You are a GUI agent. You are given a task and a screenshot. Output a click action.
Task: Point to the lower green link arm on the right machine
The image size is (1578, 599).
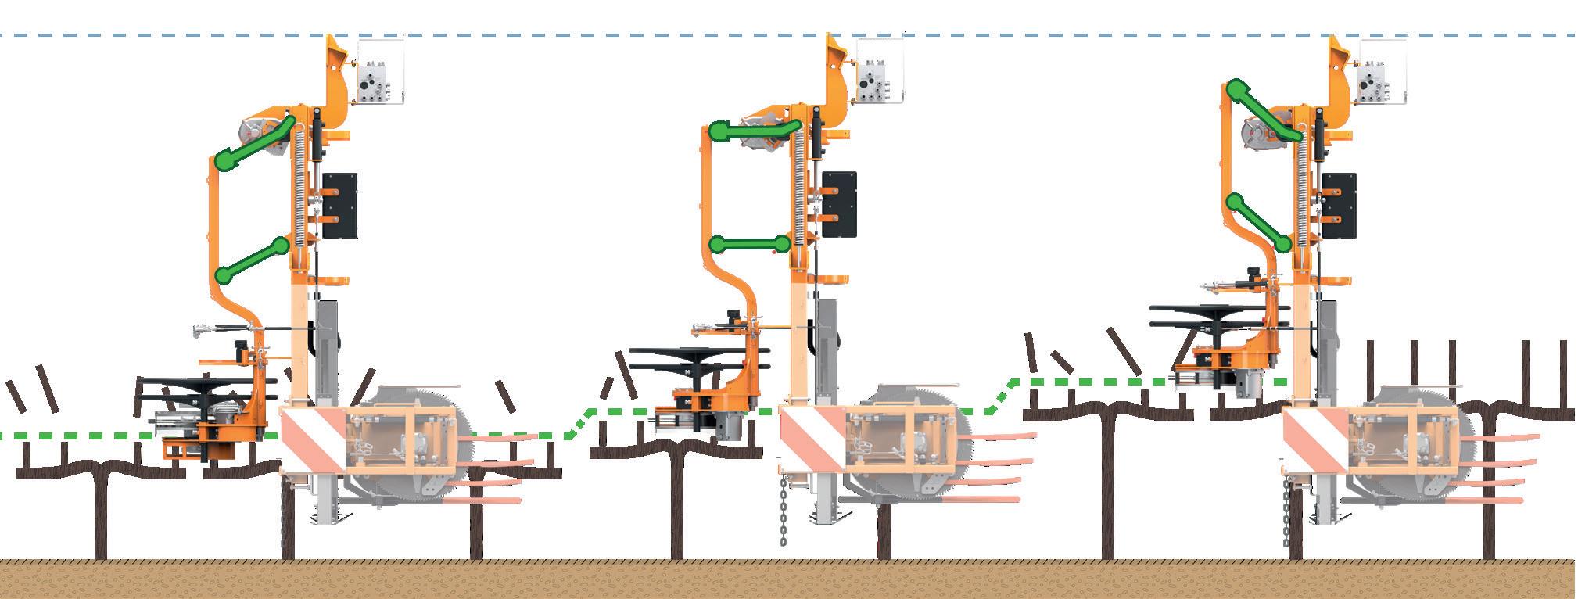pos(1258,223)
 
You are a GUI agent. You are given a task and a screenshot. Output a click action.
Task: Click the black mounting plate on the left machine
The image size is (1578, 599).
pos(339,206)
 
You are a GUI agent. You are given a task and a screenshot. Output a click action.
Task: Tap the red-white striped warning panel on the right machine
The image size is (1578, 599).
pos(1316,439)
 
